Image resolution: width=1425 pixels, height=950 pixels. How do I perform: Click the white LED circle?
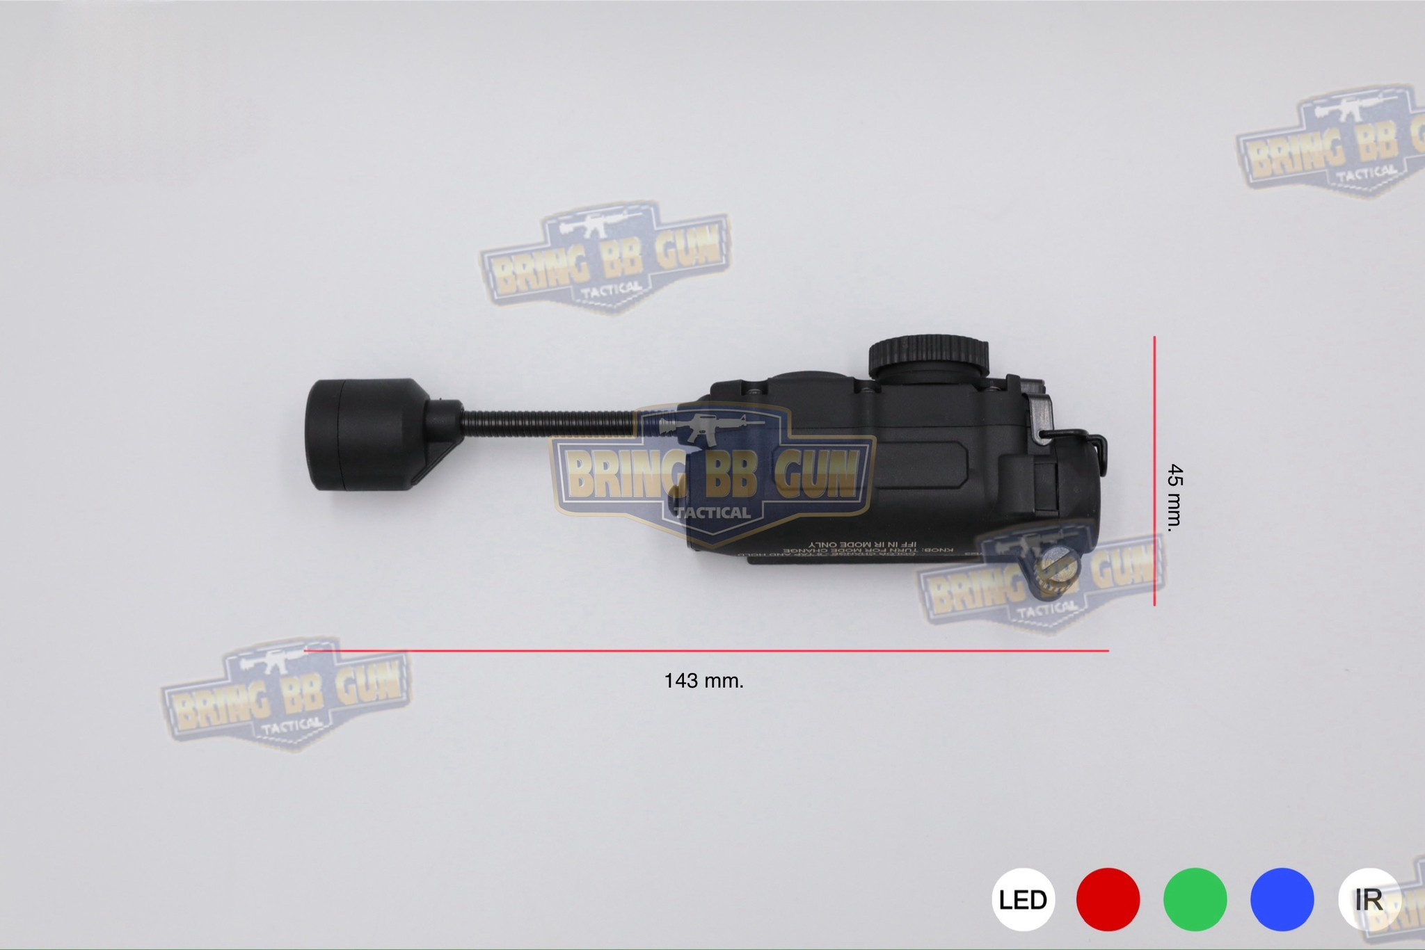[x=1023, y=899]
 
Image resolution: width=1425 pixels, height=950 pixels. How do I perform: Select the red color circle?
[x=1108, y=899]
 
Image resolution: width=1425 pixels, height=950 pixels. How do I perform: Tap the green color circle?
[x=1195, y=899]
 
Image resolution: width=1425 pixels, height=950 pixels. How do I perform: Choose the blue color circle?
[x=1282, y=899]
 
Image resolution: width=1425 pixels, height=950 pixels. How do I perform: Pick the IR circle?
[x=1368, y=899]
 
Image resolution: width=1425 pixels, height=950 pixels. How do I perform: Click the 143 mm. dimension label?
[x=703, y=681]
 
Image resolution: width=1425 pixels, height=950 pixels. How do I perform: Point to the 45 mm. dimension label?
[x=1175, y=498]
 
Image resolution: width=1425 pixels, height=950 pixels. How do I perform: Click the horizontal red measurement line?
[x=706, y=651]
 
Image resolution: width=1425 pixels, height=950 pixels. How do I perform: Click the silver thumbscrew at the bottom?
[x=1055, y=575]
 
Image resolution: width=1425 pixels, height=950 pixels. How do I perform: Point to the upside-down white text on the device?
[x=863, y=547]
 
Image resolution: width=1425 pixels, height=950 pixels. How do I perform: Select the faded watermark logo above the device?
[x=605, y=257]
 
